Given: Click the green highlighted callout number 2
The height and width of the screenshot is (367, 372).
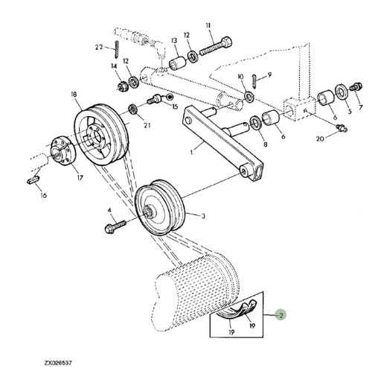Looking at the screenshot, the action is click(x=281, y=315).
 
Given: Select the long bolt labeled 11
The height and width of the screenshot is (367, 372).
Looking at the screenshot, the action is click(x=216, y=46).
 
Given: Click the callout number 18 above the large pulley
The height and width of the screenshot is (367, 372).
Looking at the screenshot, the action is click(x=74, y=95).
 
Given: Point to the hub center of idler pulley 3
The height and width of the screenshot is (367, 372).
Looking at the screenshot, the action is click(x=148, y=211).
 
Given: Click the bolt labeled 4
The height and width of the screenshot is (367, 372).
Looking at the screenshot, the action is click(x=115, y=226).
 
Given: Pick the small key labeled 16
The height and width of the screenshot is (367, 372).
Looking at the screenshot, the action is click(x=33, y=179).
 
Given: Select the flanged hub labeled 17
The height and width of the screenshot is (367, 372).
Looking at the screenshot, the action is click(x=62, y=151).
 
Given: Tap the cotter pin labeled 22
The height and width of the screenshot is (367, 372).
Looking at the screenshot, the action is click(x=117, y=48).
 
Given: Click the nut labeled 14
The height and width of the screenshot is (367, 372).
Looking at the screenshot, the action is click(x=123, y=86).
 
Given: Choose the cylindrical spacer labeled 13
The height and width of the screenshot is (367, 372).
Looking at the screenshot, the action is click(x=177, y=63).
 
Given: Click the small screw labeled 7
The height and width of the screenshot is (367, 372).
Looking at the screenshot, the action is click(x=356, y=86).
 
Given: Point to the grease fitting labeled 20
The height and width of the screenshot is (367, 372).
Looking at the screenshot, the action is click(x=341, y=128).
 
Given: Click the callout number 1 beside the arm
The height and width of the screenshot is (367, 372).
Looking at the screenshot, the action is click(x=191, y=152).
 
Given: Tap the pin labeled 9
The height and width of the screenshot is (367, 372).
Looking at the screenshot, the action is click(x=255, y=80).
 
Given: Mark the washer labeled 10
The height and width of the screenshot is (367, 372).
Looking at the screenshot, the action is click(x=248, y=96).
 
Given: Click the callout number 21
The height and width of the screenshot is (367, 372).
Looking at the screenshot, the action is click(x=147, y=126).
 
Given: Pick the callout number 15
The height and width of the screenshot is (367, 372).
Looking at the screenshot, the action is click(x=175, y=107).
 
